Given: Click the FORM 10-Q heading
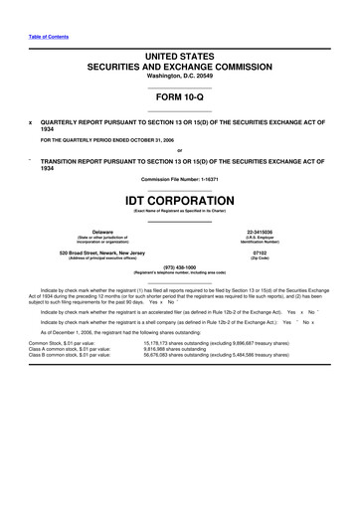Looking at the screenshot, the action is [x=179, y=96].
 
